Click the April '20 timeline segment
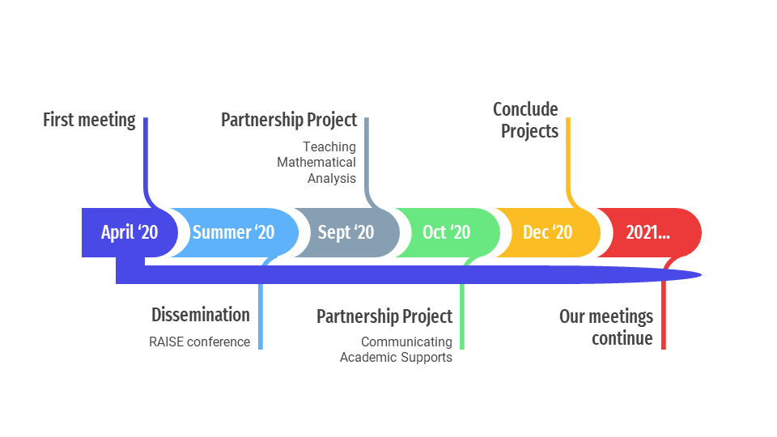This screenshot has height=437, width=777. [x=129, y=232]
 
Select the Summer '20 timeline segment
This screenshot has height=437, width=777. [x=234, y=232]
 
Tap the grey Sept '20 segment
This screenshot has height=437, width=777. [x=346, y=232]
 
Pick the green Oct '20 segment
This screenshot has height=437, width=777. [x=447, y=232]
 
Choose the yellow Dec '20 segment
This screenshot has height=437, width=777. [x=548, y=232]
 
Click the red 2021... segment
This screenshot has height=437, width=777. [x=648, y=232]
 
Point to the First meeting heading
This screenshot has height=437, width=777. [x=89, y=120]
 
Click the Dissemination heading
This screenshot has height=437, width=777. [x=201, y=315]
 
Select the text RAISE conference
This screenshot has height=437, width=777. [x=200, y=342]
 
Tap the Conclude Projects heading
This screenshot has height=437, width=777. [x=526, y=120]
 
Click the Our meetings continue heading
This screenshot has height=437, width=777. [x=606, y=327]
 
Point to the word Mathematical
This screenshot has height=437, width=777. [x=316, y=163]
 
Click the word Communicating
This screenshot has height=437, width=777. [x=406, y=342]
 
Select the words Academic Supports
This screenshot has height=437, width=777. [x=396, y=357]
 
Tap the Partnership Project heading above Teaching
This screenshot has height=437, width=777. [x=289, y=120]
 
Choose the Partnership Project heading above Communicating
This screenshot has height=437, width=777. [x=384, y=316]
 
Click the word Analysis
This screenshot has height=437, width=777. [x=332, y=178]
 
